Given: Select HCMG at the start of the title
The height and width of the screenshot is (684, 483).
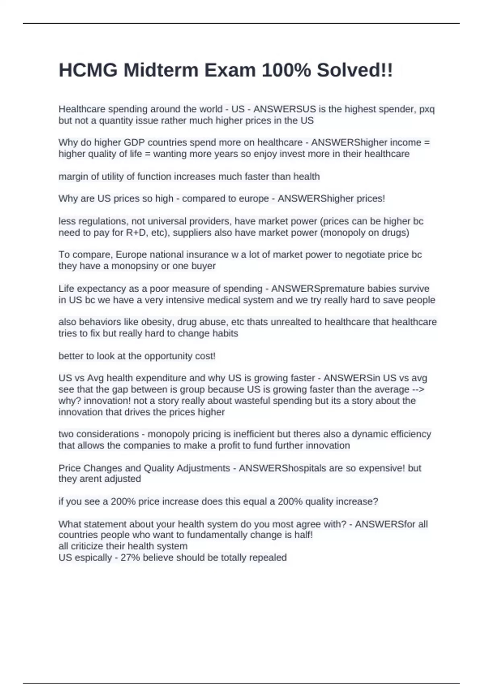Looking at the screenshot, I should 88,70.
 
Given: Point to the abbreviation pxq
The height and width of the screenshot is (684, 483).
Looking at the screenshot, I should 427,109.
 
